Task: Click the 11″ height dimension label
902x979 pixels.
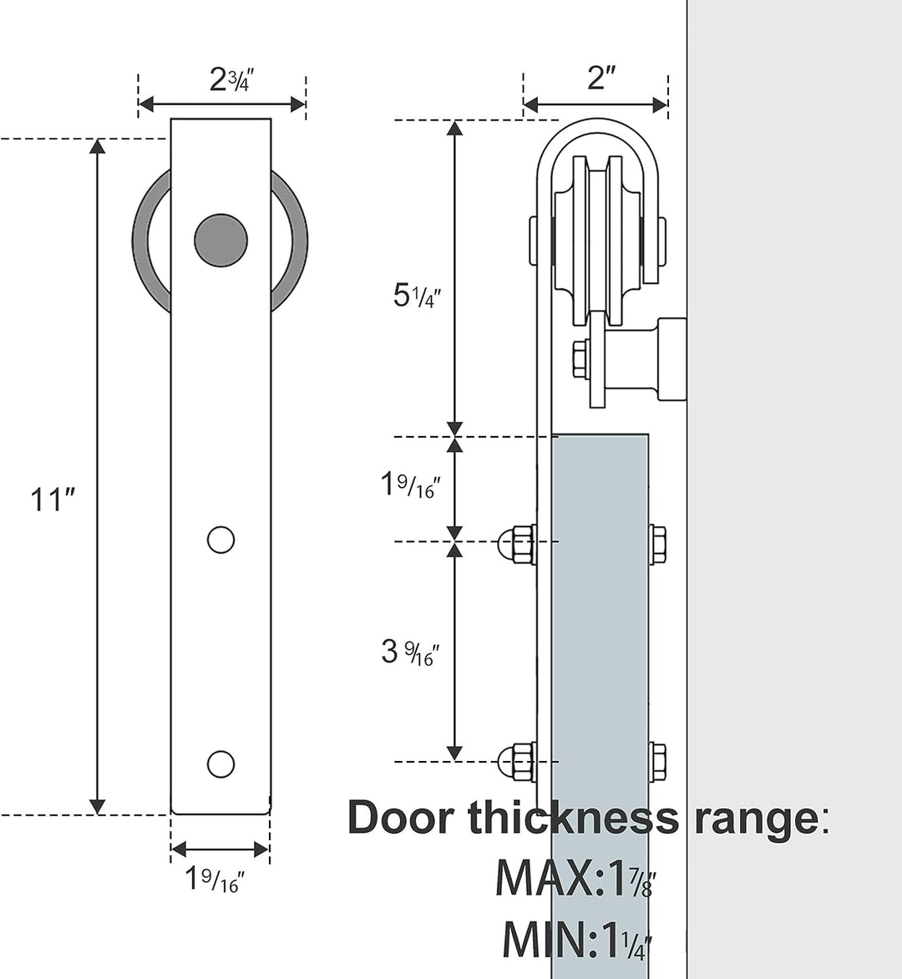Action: click(x=53, y=500)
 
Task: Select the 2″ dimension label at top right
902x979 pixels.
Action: click(x=600, y=78)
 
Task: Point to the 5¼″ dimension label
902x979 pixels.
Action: click(x=417, y=296)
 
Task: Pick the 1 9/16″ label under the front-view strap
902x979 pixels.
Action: click(x=215, y=879)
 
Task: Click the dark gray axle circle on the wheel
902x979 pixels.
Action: click(x=220, y=240)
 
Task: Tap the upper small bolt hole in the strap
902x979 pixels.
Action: click(x=220, y=540)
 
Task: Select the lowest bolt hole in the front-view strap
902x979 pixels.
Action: click(x=220, y=763)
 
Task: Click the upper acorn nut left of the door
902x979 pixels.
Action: click(x=515, y=545)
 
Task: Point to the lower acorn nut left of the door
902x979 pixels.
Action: click(x=515, y=762)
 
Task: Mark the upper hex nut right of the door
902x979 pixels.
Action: click(x=657, y=544)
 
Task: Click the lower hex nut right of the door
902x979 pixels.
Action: click(x=657, y=762)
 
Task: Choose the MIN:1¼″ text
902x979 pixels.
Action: click(x=576, y=940)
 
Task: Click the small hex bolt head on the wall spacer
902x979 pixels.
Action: click(x=580, y=359)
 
